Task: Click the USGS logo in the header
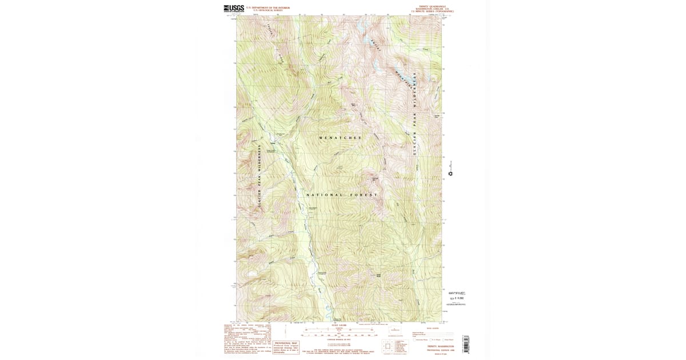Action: (x=234, y=9)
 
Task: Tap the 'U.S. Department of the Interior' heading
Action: (x=272, y=8)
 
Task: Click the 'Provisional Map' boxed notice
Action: (x=286, y=347)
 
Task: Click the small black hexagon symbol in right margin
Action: (x=450, y=173)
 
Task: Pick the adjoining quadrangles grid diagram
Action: (x=389, y=347)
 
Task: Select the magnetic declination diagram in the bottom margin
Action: (x=285, y=331)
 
